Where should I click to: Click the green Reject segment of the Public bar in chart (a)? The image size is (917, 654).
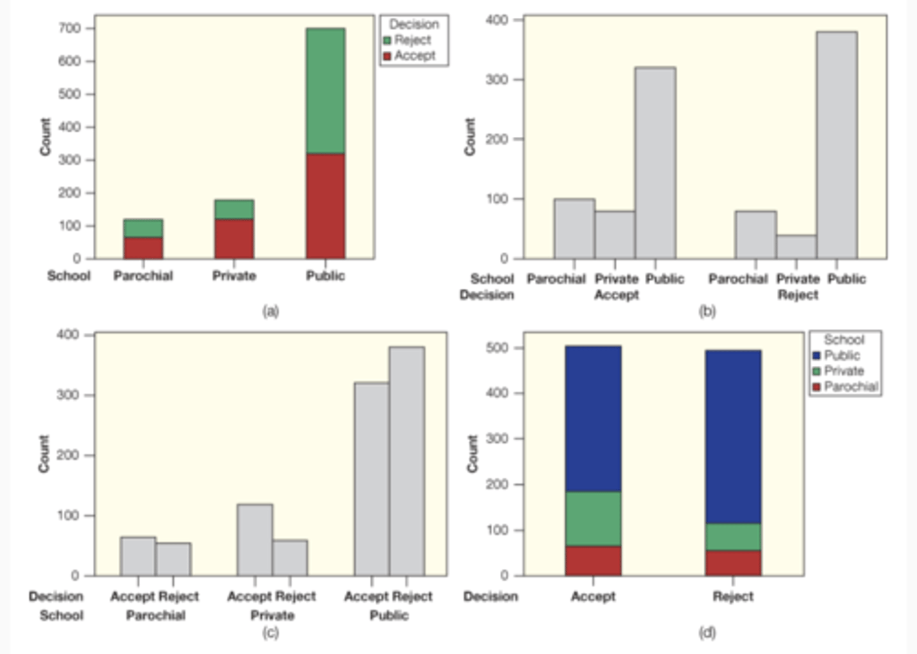point(325,91)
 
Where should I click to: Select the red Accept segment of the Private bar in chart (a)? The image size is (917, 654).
point(234,239)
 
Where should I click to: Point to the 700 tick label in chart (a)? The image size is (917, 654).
point(69,28)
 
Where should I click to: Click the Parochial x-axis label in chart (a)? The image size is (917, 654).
point(143,275)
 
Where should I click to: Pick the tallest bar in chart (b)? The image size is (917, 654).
point(837,145)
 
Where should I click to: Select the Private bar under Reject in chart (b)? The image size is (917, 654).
point(796,247)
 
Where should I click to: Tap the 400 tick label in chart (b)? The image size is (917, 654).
point(497,20)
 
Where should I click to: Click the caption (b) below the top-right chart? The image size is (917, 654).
point(707,311)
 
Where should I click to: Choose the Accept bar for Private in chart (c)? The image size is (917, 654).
point(255,540)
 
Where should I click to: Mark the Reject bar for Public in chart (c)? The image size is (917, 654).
point(407,461)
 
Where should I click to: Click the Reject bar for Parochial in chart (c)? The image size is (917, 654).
point(173,559)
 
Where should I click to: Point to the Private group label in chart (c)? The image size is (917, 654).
point(272,615)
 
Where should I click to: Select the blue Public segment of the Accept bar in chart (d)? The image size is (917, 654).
point(593,419)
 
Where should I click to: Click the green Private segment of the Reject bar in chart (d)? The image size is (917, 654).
point(733,537)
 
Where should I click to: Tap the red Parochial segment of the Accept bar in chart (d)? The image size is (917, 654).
point(593,560)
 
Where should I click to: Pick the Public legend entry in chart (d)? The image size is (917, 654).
point(841,356)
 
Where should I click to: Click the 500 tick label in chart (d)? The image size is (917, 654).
point(497,348)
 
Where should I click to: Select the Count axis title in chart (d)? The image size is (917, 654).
point(473,454)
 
